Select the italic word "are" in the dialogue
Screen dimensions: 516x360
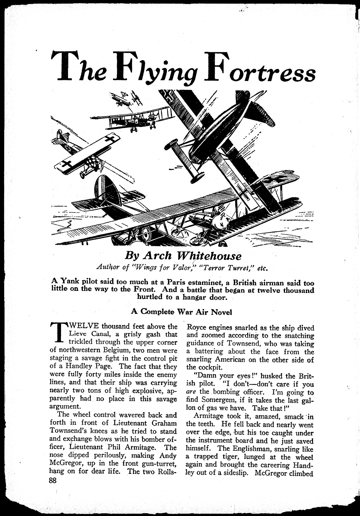[x=191, y=392]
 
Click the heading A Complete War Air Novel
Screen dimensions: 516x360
[x=181, y=312]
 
